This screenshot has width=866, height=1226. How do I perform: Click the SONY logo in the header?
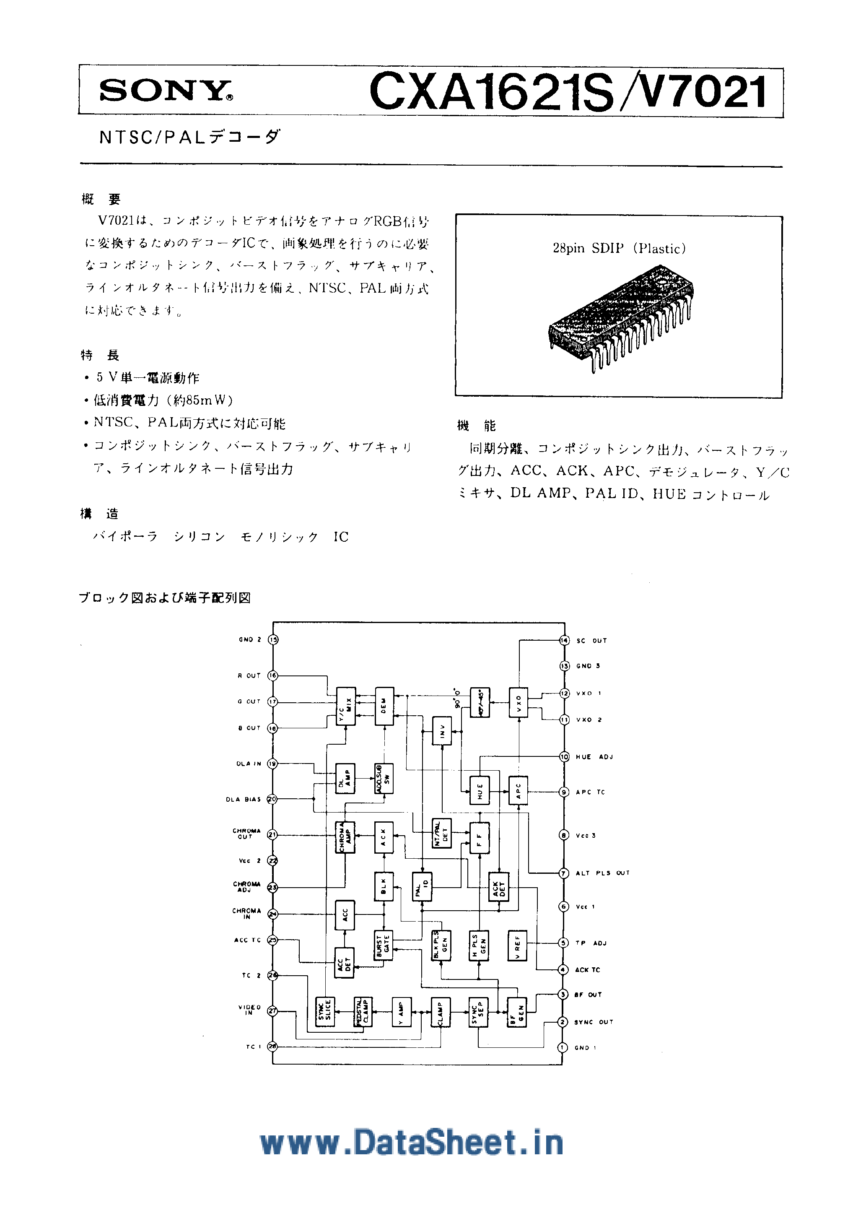tap(166, 91)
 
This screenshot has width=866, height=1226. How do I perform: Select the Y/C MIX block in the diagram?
tap(345, 706)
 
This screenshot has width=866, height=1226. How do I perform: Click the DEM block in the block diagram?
tap(384, 706)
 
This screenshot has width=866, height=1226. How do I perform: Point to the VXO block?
tap(518, 702)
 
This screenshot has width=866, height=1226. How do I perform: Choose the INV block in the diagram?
tap(442, 730)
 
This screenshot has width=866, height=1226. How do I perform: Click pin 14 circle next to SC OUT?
tap(564, 640)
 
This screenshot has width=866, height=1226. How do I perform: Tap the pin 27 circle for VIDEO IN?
tap(272, 1011)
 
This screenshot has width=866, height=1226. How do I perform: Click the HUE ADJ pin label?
tap(594, 757)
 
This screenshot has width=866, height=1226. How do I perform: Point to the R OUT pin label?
tap(249, 675)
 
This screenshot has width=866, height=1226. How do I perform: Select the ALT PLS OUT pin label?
tap(602, 873)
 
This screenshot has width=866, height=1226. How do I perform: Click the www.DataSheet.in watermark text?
tap(412, 1143)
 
